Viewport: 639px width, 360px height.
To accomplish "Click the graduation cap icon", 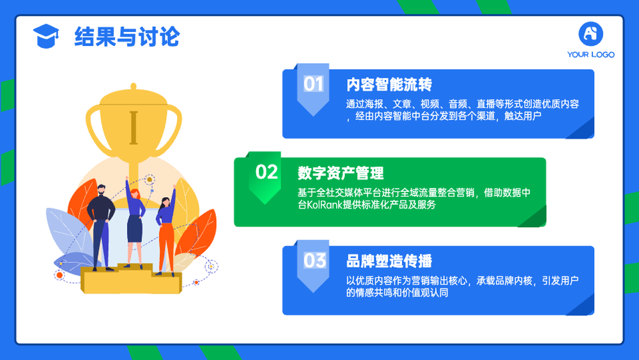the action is point(46,36).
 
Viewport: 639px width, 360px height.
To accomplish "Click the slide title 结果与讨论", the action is point(127,36).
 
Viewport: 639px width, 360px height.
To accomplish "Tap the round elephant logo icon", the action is point(590,34).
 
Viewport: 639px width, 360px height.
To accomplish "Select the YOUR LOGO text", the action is point(590,54).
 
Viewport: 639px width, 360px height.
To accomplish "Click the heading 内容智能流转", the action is point(389,85).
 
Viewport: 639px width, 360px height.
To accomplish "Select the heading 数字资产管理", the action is point(341,173).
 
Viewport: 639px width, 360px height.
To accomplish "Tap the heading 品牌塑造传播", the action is point(389,262).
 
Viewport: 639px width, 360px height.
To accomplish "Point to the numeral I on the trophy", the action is point(134,128).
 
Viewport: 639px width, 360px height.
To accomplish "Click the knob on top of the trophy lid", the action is point(134,86).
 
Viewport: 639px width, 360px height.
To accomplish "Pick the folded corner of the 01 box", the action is point(580,129).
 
